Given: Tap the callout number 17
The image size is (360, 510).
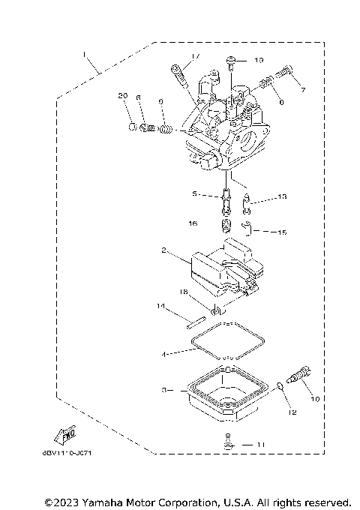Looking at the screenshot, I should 195,57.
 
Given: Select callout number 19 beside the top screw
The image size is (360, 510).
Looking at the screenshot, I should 259,60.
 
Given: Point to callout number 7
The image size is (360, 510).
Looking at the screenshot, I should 303,90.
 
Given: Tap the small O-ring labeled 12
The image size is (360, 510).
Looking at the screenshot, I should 280,386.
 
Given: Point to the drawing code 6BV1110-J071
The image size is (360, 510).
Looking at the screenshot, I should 73,452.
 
